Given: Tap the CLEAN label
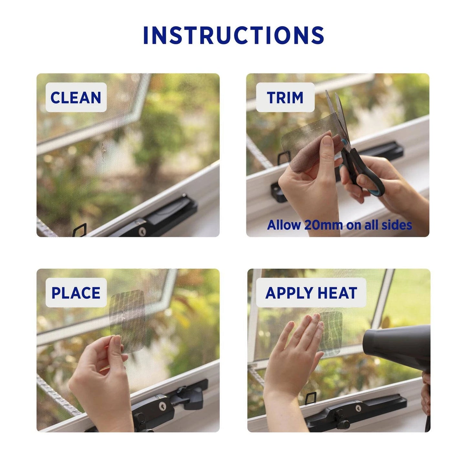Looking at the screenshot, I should tap(76, 98).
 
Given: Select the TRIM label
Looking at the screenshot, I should tap(285, 98).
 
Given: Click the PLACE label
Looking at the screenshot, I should tap(76, 293).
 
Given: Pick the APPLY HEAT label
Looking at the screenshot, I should tap(311, 293).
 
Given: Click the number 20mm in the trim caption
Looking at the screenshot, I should tap(323, 225).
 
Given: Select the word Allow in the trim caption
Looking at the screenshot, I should tap(284, 225).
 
